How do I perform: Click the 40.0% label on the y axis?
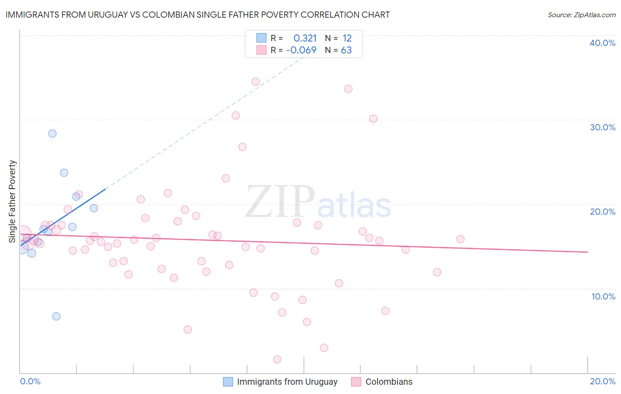(602, 43)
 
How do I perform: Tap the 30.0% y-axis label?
(602, 127)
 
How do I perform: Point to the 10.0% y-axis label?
(603, 296)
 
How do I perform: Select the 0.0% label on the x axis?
(30, 382)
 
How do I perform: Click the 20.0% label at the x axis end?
(602, 382)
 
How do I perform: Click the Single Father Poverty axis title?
(12, 201)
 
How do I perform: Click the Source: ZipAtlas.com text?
(581, 15)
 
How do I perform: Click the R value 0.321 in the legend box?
(305, 38)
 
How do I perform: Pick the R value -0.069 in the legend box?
(301, 50)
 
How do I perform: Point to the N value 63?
(346, 50)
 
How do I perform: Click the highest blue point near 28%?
(53, 133)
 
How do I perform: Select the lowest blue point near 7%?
(56, 316)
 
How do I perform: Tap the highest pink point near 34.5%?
(255, 82)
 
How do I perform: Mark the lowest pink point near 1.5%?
(277, 360)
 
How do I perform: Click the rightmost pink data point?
(460, 239)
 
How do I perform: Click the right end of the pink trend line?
(587, 252)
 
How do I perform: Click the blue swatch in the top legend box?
(261, 38)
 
